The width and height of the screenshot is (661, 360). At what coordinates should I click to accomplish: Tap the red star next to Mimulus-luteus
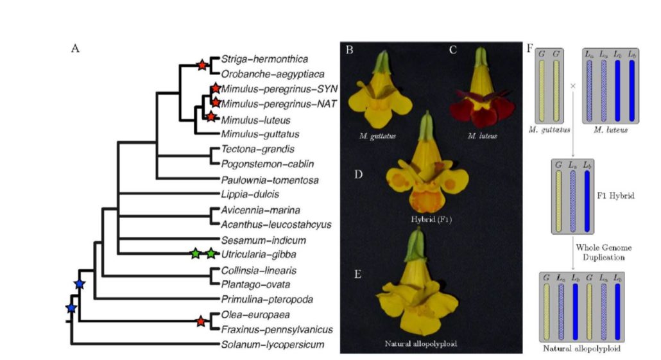[x=210, y=116]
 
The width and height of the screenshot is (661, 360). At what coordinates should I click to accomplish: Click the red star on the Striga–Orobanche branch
[x=202, y=65]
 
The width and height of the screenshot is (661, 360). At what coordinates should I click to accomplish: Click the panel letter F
[x=531, y=49]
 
